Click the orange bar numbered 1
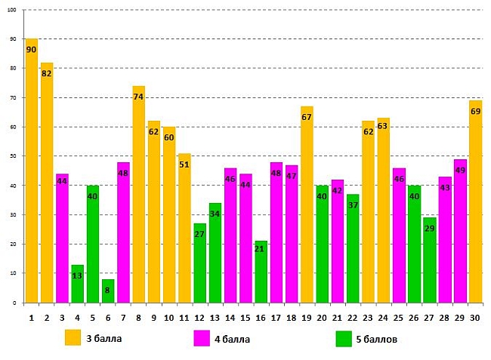click(x=32, y=174)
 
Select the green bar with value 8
click(x=108, y=291)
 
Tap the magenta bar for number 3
click(x=62, y=242)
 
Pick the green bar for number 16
click(x=261, y=272)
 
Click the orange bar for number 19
click(x=307, y=204)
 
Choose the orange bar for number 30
click(x=475, y=204)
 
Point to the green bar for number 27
click(x=429, y=260)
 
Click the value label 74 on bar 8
click(x=138, y=97)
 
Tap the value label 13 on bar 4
click(x=78, y=275)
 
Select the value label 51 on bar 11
click(x=184, y=165)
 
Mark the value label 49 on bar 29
click(x=460, y=170)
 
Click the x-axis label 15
click(x=246, y=318)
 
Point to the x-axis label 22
click(x=353, y=318)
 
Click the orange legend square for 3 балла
click(x=73, y=337)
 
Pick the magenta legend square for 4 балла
click(x=202, y=339)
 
